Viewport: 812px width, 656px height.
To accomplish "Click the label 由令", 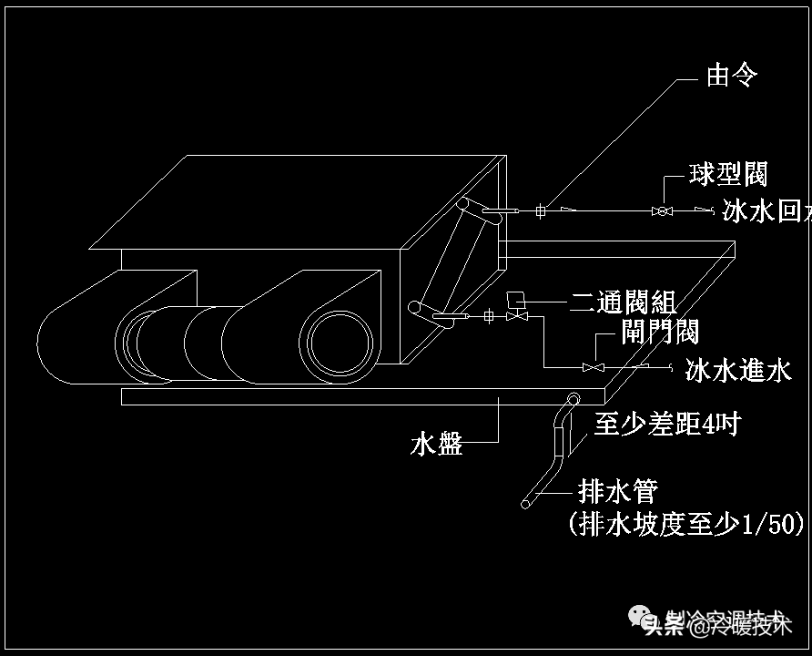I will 731,76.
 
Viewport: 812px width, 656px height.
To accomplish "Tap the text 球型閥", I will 728,173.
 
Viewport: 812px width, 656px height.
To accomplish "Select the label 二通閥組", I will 624,302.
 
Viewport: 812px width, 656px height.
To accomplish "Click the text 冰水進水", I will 738,370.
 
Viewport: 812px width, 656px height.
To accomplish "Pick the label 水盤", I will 437,445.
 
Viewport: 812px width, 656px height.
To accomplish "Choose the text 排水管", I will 618,492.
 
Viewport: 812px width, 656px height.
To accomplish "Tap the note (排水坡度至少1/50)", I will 686,524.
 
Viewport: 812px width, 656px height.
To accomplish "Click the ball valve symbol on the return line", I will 662,211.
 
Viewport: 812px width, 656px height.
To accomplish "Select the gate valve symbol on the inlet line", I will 594,367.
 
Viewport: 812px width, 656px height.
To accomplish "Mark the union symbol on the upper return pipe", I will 540,211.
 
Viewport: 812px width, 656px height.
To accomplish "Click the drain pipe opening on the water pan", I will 573,398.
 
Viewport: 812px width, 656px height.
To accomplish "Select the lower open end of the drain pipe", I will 526,503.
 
